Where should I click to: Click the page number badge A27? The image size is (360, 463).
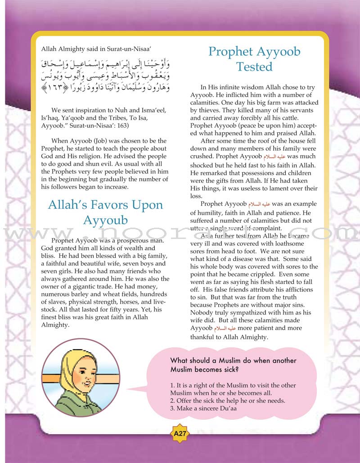click(x=180, y=435)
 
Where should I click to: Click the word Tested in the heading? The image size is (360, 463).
click(x=254, y=67)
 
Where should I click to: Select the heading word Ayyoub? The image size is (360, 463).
click(x=105, y=220)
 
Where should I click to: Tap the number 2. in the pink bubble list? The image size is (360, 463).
click(x=173, y=400)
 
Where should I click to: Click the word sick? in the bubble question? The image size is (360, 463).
click(x=227, y=369)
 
